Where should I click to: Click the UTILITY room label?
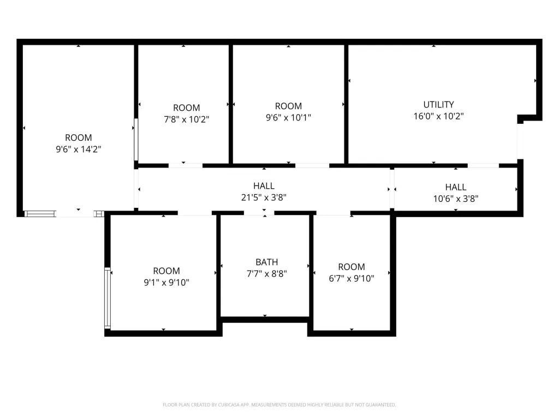pos(438,104)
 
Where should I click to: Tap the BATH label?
pos(266,262)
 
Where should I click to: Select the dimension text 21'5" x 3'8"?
pos(264,197)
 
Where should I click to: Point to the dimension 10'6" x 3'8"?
pos(456,199)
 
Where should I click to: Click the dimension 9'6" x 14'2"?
pos(79,149)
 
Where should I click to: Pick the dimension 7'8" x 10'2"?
pos(187,119)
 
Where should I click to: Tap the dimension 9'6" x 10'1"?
pos(288,117)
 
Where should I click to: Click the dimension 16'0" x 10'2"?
pos(438,116)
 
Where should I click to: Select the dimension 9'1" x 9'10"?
pos(166,282)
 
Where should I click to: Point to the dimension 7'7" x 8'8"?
pos(266,273)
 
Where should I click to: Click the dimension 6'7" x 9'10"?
pos(352,278)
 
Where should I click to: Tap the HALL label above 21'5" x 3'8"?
pos(264,185)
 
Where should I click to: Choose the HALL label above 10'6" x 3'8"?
pos(456,187)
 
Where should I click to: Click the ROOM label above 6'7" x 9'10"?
pos(352,266)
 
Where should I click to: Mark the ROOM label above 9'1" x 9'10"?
pos(166,271)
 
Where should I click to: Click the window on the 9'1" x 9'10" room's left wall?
pos(108,297)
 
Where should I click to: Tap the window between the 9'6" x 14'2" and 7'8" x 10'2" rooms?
pos(136,139)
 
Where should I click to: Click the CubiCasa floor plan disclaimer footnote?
pos(279,405)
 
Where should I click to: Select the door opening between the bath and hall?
pos(259,213)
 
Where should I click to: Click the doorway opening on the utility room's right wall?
pos(520,141)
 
